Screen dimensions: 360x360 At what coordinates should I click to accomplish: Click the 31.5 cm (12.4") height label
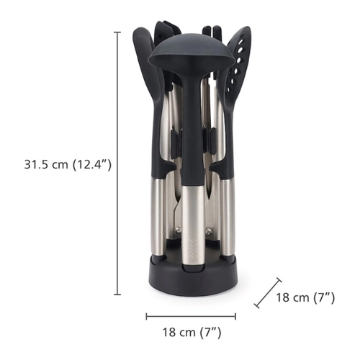coord(68,165)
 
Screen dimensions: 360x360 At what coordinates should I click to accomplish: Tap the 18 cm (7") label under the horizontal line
coord(192,333)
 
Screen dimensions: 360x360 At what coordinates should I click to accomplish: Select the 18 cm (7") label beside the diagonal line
coord(305,297)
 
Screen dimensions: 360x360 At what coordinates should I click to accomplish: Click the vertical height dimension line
coord(117,163)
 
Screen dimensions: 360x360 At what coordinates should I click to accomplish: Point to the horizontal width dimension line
coord(191,316)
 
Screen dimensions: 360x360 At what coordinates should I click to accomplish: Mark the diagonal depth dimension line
coord(268,293)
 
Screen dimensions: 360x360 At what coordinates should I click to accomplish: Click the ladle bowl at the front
coord(192,53)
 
